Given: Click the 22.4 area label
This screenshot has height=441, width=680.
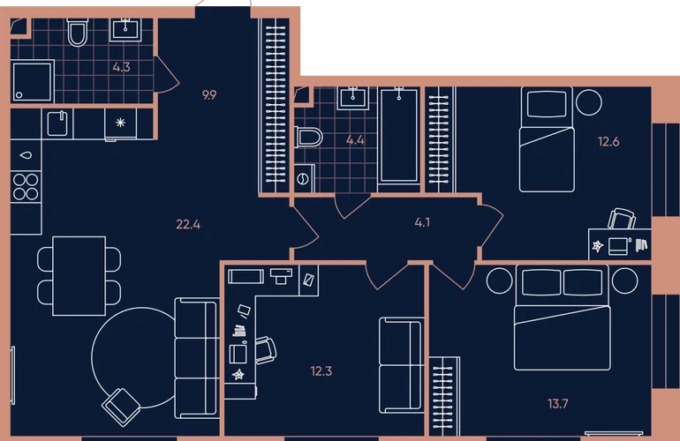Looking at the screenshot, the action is (188, 224).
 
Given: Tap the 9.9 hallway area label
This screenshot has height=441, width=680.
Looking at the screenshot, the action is (209, 95).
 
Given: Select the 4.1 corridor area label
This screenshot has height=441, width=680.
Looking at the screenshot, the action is (422, 222).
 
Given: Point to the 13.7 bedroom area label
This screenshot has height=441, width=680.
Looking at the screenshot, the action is (558, 404).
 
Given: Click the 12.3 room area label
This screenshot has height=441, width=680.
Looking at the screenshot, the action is (321, 371).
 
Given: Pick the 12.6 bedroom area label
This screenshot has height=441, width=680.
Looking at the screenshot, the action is (608, 142).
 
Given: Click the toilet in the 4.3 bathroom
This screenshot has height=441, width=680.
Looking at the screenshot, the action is (78, 32).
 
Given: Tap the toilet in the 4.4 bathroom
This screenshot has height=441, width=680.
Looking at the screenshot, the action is (309, 137).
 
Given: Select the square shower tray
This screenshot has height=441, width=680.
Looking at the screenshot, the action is (33, 82).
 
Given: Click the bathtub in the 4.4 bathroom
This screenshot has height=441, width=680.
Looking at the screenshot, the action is (399, 136).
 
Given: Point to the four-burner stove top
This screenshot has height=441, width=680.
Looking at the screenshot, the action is (26, 187).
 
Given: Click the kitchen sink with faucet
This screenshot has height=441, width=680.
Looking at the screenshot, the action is (57, 123).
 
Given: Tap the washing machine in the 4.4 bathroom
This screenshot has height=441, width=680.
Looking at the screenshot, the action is (305, 178).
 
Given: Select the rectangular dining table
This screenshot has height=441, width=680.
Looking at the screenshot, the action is (79, 276).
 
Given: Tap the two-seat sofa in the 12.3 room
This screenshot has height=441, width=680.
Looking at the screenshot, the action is (402, 365).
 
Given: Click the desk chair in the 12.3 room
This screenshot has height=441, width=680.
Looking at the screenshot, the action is (266, 349).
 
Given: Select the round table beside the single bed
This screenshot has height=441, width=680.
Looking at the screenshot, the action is (589, 102).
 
